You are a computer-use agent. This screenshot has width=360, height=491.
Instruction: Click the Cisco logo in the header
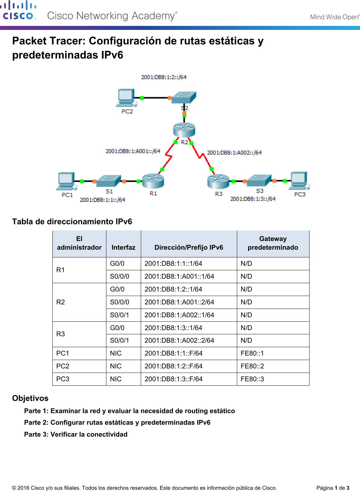tap(18, 11)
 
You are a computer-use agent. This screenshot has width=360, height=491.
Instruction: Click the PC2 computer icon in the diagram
tap(126, 97)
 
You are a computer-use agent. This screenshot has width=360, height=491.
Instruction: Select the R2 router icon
tap(184, 130)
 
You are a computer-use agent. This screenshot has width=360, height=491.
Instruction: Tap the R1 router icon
tap(153, 181)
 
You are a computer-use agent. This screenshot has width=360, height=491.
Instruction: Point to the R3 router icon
tap(218, 181)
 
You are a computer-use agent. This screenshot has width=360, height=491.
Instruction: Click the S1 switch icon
tap(109, 181)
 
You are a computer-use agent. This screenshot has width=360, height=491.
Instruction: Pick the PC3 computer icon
tap(299, 181)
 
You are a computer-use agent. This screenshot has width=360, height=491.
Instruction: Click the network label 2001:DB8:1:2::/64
tap(164, 77)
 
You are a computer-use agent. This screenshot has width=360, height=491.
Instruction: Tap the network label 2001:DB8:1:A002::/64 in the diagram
tap(234, 153)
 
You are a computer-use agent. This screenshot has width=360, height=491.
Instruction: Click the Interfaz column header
tap(123, 247)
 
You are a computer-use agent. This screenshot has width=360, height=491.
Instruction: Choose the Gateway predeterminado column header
tap(273, 243)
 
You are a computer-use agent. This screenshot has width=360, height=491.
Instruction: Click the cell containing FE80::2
tap(252, 366)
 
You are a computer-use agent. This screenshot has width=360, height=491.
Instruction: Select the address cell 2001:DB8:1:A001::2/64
tap(179, 302)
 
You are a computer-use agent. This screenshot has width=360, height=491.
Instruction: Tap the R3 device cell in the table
tap(61, 334)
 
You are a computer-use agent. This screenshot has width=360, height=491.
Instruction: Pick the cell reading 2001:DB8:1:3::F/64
tap(174, 379)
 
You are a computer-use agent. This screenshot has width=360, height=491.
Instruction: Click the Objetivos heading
tap(30, 398)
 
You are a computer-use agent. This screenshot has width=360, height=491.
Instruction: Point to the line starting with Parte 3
tap(76, 434)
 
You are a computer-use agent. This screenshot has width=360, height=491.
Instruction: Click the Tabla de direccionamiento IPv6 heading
tap(72, 222)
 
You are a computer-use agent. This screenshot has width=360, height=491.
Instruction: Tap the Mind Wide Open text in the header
tap(334, 17)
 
